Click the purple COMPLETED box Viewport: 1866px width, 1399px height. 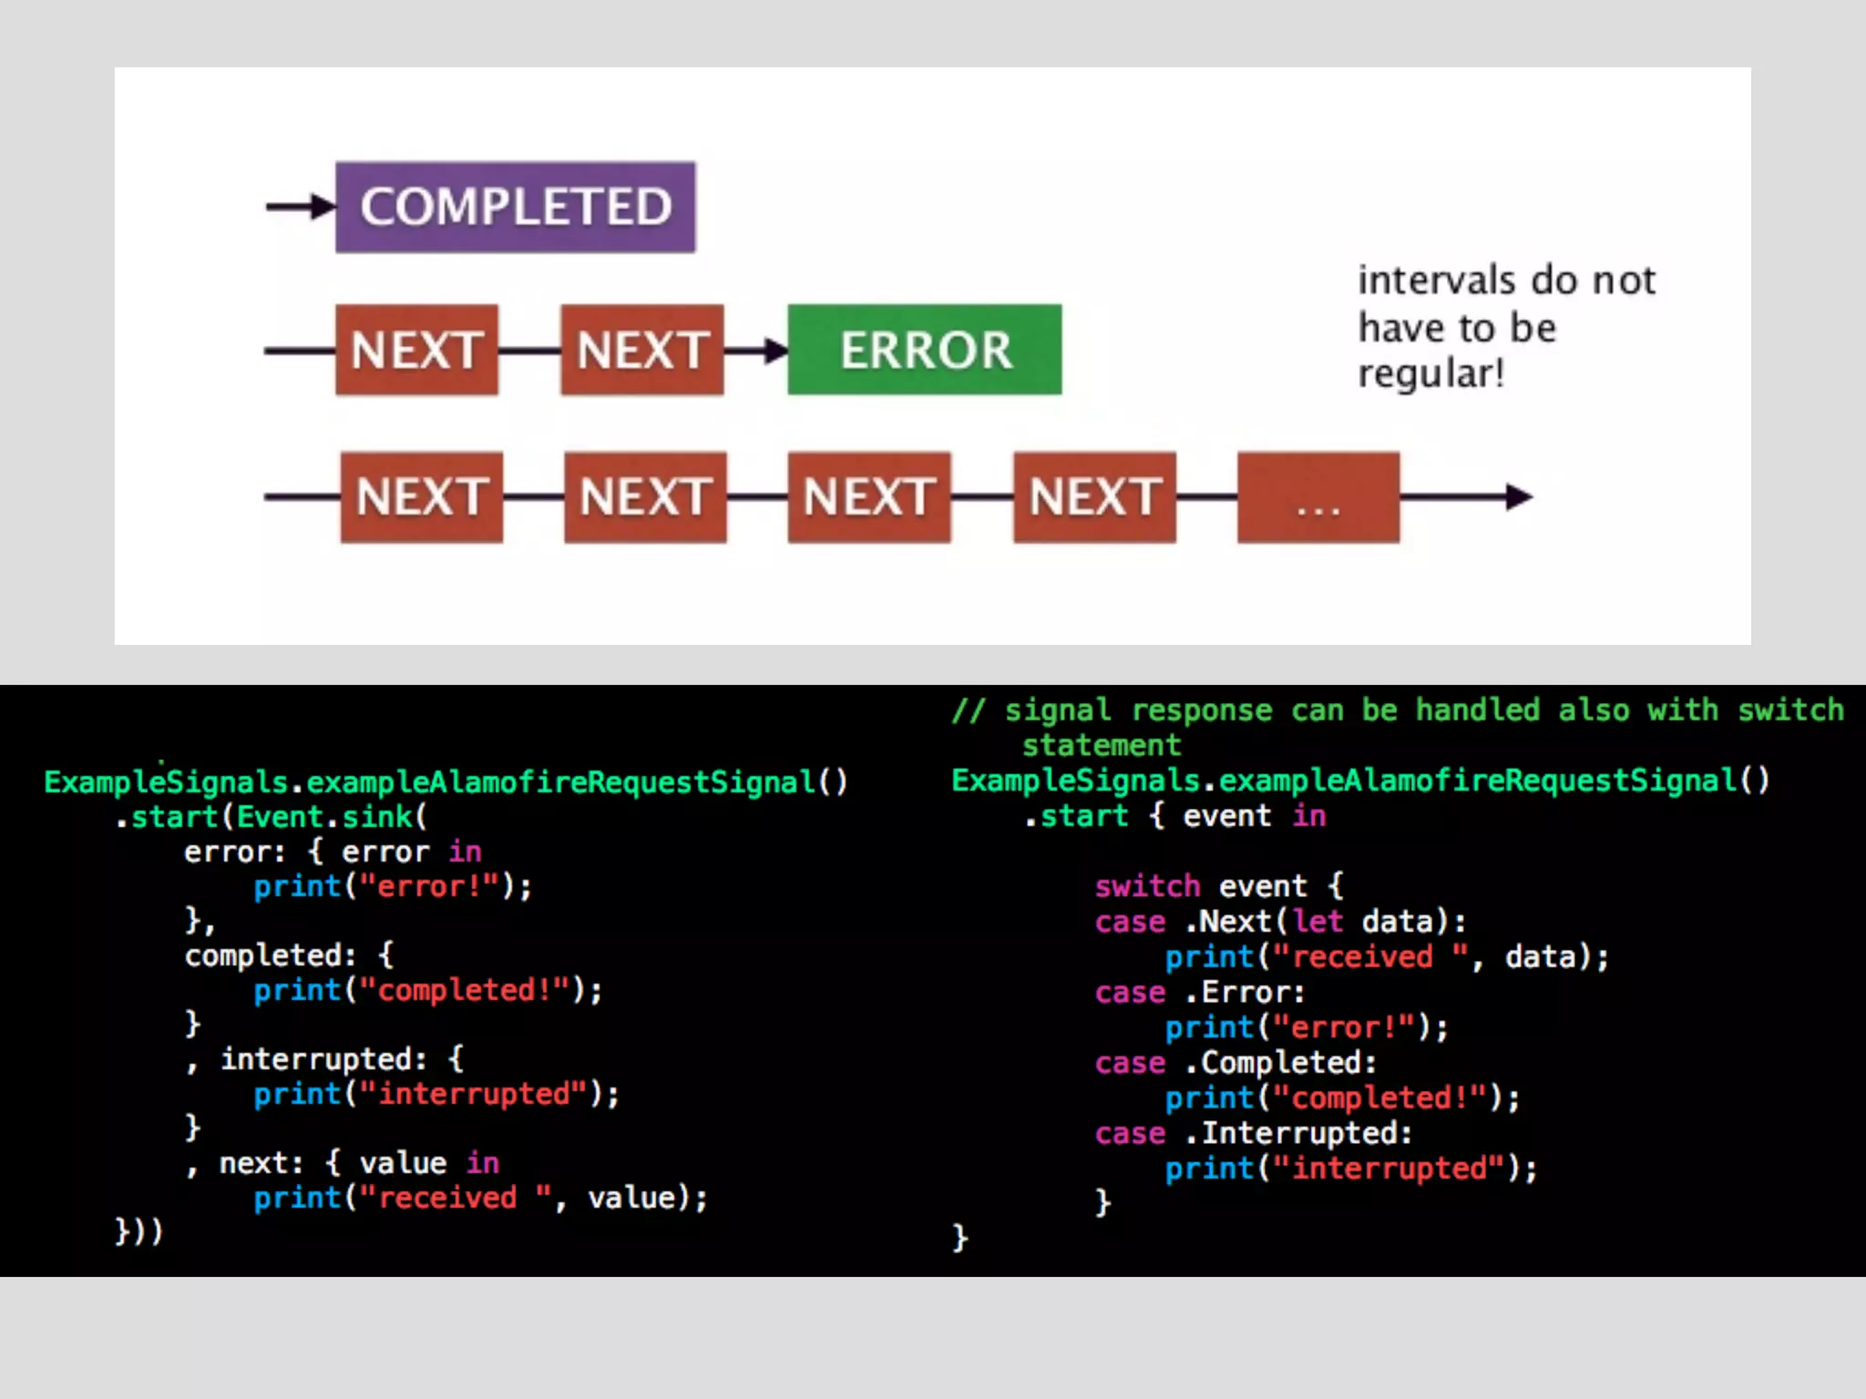(x=515, y=207)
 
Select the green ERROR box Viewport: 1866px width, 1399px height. (x=924, y=350)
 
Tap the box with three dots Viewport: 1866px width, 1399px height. (x=1317, y=497)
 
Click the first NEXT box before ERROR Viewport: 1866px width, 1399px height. (x=416, y=350)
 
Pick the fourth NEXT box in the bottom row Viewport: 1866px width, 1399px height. (x=1094, y=497)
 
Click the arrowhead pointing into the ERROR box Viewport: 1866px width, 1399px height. (x=775, y=350)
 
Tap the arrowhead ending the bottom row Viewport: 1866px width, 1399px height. (x=1519, y=497)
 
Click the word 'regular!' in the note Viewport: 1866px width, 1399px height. (x=1430, y=374)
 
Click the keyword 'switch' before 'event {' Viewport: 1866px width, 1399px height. (x=1147, y=886)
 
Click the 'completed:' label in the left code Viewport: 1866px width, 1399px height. (x=270, y=955)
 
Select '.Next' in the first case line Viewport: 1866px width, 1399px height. (x=1227, y=922)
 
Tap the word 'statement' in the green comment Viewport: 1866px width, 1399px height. (x=1102, y=746)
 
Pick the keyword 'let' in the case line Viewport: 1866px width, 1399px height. (x=1317, y=922)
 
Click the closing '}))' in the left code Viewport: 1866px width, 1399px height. (x=138, y=1231)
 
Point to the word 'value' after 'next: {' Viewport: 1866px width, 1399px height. (x=403, y=1163)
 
